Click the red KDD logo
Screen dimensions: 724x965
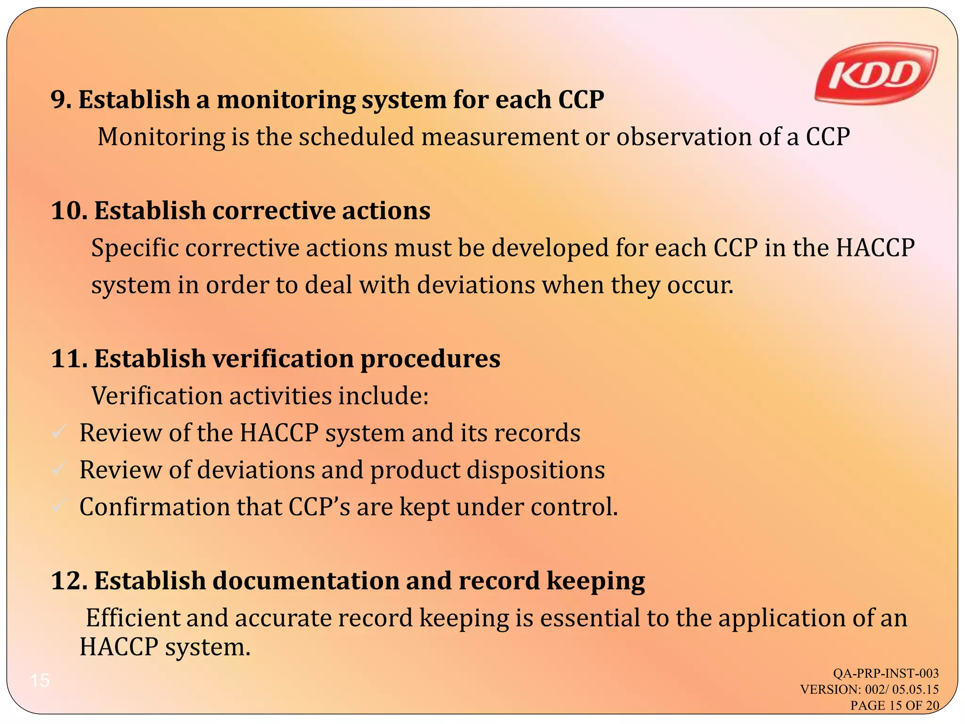(x=875, y=75)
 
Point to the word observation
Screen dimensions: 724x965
(x=684, y=137)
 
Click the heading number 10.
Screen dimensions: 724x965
(x=68, y=211)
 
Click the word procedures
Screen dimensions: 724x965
(x=430, y=360)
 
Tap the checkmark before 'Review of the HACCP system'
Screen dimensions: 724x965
(x=58, y=432)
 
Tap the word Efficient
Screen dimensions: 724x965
(x=133, y=618)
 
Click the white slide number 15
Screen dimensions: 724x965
(x=40, y=680)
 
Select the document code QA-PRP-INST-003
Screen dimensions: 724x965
(x=885, y=673)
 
